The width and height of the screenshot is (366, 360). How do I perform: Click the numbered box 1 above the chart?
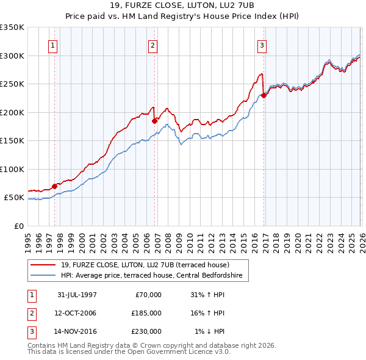[53, 45]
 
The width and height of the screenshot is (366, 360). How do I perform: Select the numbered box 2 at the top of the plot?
[152, 45]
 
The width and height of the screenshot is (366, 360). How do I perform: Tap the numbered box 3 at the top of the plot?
[262, 45]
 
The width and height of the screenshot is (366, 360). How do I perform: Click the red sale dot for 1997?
[55, 186]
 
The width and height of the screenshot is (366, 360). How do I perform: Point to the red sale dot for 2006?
[154, 121]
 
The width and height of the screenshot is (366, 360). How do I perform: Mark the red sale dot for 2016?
[264, 95]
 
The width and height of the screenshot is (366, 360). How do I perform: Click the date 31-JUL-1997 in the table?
[77, 295]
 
